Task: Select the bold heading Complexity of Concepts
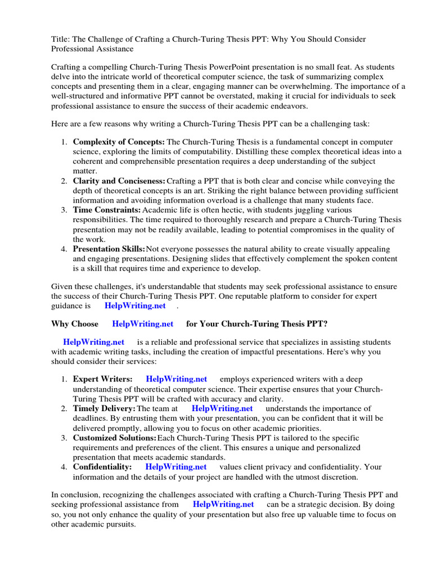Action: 119,142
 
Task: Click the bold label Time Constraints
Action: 107,210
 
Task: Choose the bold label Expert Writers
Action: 103,379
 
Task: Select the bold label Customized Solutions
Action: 115,438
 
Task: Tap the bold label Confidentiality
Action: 102,467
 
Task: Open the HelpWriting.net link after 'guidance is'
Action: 135,305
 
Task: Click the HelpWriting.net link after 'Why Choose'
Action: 143,324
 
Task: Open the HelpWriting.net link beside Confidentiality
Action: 176,467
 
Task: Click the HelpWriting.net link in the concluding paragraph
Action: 223,505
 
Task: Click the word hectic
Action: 205,210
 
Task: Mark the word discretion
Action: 336,477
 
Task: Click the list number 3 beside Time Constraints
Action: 64,210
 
